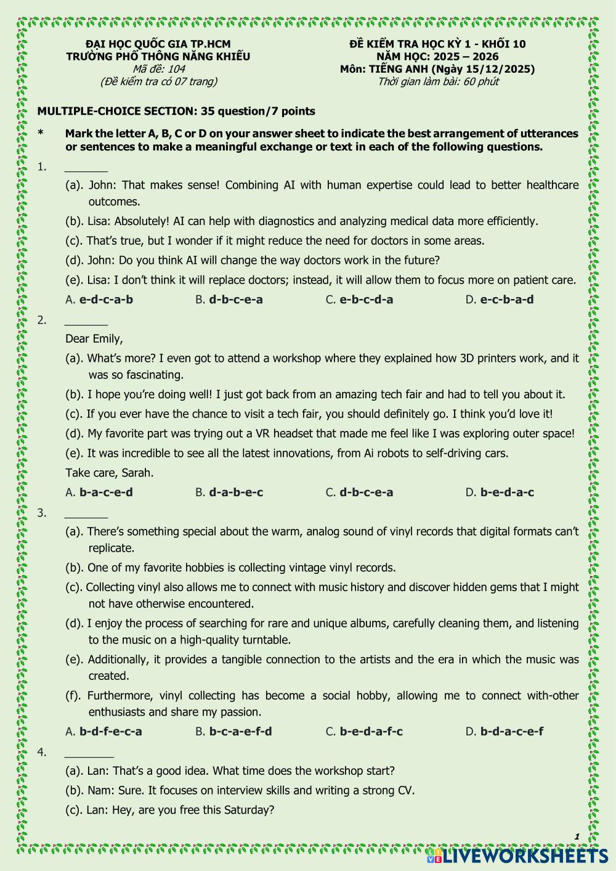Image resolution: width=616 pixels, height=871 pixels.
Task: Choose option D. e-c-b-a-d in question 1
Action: point(500,300)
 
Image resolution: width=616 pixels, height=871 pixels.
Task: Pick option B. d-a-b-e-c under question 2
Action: point(229,493)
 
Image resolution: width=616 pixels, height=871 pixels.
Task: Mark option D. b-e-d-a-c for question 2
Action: point(500,493)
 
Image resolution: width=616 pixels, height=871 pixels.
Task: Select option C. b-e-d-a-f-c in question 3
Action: point(364,732)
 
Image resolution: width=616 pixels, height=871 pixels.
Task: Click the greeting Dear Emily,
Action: point(94,338)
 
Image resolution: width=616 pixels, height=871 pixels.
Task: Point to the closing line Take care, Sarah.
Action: point(110,473)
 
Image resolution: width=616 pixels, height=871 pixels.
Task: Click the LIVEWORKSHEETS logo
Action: point(517,856)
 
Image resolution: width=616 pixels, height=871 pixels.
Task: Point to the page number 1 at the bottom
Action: point(577,836)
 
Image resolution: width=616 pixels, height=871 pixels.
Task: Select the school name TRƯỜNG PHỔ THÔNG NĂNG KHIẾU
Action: point(158,57)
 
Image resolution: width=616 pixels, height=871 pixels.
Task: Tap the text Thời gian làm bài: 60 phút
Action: point(438,81)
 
